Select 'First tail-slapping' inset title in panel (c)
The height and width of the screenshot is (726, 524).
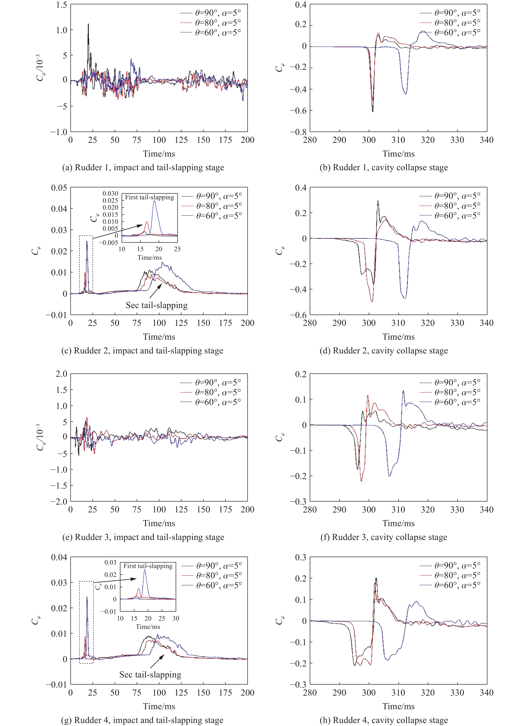tap(149, 197)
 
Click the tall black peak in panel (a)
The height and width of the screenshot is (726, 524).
tap(88, 24)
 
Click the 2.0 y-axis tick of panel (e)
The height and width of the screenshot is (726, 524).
tap(62, 374)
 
